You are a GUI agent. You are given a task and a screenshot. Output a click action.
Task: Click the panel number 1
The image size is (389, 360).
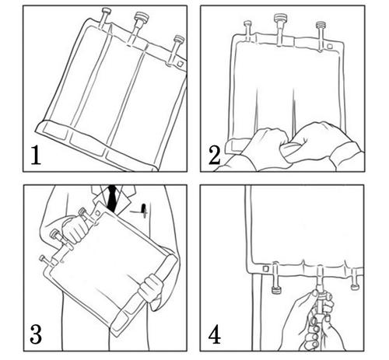tap(36, 156)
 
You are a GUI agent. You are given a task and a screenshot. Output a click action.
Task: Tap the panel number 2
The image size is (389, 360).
tap(215, 156)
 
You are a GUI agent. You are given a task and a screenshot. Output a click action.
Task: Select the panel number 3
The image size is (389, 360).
tap(36, 334)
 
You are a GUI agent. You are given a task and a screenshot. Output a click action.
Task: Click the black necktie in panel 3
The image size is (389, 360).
tap(112, 198)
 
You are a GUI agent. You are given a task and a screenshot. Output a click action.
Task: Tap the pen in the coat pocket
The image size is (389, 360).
tap(143, 210)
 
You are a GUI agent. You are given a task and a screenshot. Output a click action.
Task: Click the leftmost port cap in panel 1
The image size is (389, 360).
tap(106, 11)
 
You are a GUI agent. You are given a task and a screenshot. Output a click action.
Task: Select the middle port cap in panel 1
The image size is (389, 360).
tap(142, 17)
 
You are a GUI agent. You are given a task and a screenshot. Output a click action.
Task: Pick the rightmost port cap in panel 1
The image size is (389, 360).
tap(179, 40)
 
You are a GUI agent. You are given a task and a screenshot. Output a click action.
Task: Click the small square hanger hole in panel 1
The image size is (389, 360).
tap(180, 63)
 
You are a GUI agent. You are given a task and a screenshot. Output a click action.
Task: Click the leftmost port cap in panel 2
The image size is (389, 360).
tap(247, 23)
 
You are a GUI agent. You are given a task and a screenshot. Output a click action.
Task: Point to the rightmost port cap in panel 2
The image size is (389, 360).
tap(321, 25)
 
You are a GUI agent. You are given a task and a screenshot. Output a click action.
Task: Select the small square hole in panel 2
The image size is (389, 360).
tap(330, 47)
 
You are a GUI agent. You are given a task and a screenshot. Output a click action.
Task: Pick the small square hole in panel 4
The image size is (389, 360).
tap(265, 268)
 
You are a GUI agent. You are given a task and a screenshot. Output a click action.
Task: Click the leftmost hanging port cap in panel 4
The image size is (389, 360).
tap(276, 290)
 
